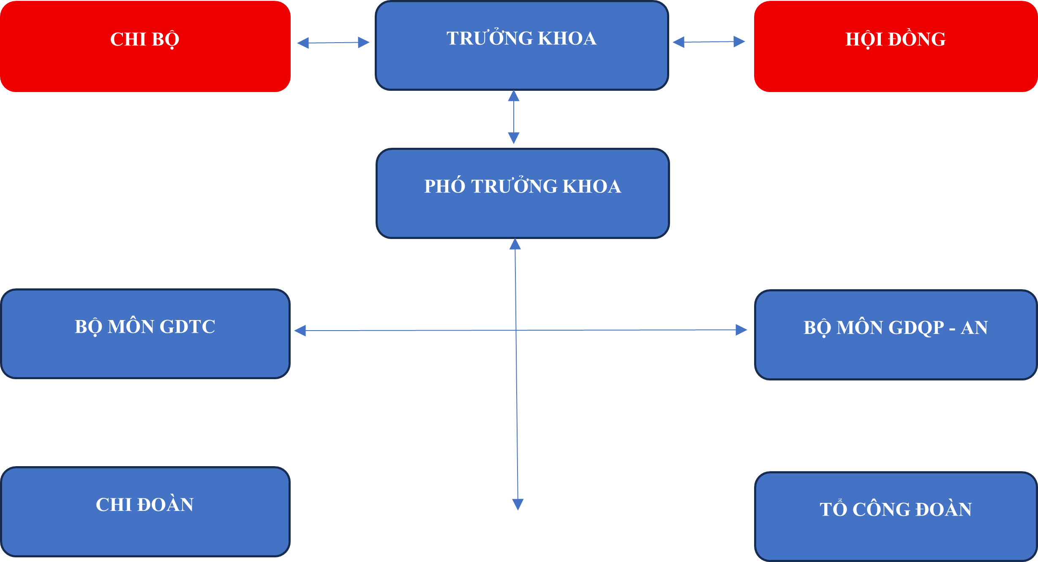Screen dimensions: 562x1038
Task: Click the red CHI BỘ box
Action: [145, 46]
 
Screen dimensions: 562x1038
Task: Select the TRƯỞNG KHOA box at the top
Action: [522, 46]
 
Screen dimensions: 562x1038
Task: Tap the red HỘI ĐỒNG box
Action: [896, 46]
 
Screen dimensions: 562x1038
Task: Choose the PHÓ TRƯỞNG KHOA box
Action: [523, 193]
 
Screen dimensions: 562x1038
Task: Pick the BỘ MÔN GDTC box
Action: [145, 334]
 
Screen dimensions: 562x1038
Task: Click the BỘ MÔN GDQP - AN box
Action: [896, 335]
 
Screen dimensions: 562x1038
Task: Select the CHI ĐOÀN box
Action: [145, 512]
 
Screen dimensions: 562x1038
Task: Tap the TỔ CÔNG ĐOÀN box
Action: [896, 516]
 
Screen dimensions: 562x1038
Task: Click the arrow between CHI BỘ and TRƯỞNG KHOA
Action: [333, 43]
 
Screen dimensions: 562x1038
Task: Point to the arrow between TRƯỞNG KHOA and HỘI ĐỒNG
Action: [709, 42]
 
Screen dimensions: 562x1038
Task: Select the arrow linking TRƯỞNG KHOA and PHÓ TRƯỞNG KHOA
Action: [514, 117]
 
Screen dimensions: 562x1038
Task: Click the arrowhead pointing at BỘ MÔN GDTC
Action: [300, 331]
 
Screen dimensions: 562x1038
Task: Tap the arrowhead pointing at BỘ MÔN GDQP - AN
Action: [741, 330]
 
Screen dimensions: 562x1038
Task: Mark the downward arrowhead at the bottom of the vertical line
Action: [518, 504]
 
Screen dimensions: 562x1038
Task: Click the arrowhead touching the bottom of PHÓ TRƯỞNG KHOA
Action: [515, 244]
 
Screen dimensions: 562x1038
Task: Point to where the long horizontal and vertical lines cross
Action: [516, 330]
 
